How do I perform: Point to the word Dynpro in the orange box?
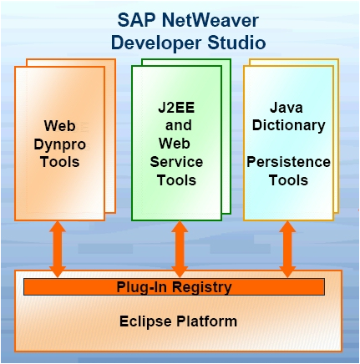[x=60, y=144]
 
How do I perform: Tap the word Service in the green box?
[x=176, y=163]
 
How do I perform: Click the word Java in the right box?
[x=289, y=109]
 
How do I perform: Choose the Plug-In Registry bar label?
[x=174, y=287]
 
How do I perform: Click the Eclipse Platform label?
[x=178, y=321]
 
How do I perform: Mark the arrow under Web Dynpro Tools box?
[x=58, y=248]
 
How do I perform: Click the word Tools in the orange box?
[x=60, y=161]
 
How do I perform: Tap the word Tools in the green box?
[x=176, y=179]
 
